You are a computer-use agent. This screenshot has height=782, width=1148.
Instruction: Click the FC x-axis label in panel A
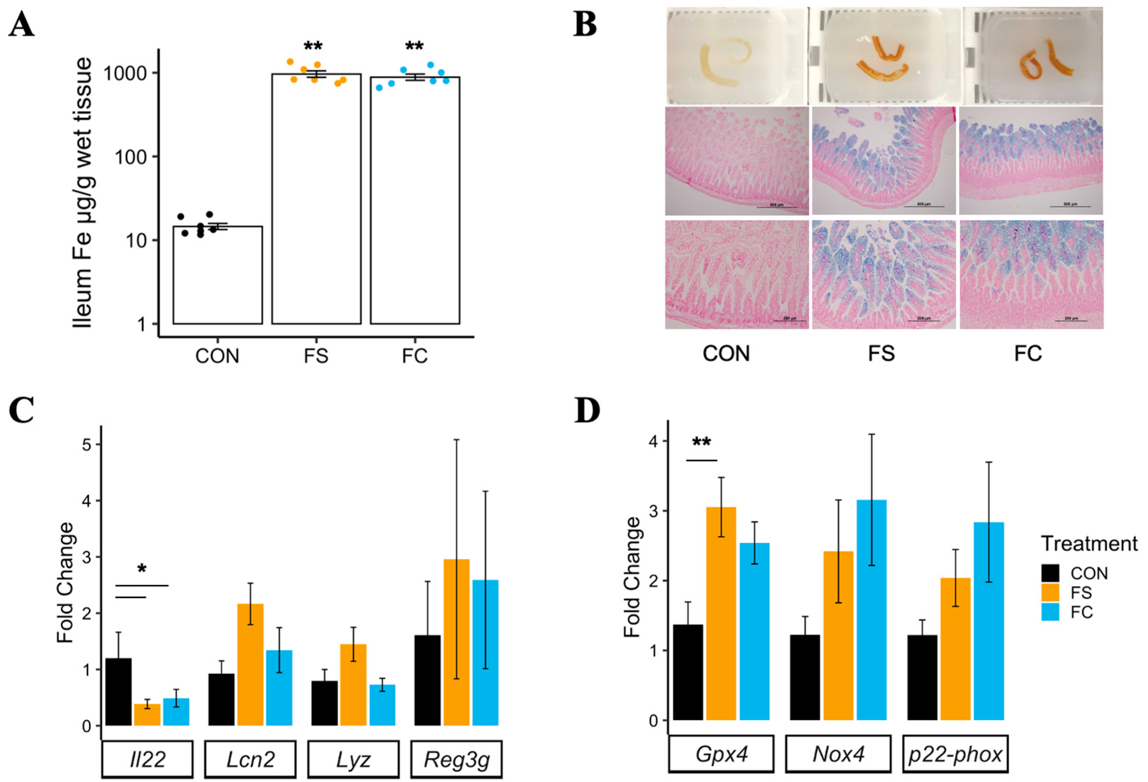point(414,356)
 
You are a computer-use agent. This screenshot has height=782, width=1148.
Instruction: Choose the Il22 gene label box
point(147,758)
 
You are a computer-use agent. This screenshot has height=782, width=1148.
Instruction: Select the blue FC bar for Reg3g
point(485,652)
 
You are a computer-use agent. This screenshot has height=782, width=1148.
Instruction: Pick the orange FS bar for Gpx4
point(721,613)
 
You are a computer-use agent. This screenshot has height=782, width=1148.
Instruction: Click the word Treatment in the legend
point(1089,543)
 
